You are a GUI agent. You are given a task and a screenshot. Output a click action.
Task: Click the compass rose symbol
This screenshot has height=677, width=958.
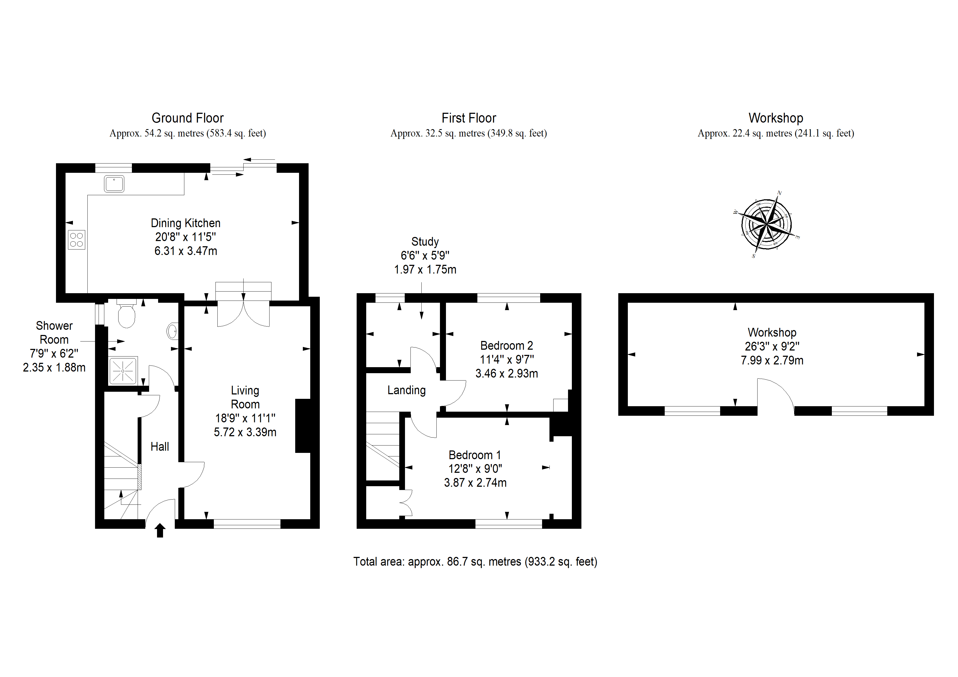[767, 224]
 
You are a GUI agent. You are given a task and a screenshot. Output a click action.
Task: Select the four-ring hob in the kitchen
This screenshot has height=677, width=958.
[76, 240]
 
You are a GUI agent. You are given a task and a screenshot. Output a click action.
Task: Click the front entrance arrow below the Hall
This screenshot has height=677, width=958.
[160, 531]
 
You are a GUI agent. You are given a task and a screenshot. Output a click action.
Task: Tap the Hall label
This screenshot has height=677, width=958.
[160, 447]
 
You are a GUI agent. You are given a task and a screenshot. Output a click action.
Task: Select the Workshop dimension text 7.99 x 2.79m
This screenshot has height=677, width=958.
[772, 360]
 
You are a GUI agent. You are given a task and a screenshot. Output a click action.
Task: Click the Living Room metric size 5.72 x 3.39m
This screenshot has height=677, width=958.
[245, 432]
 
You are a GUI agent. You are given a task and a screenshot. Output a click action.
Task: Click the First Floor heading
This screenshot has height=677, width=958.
[469, 118]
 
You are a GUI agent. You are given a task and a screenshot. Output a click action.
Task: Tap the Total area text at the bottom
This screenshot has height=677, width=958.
[475, 562]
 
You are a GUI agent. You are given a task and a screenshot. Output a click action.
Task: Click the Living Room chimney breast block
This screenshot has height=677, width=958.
[303, 426]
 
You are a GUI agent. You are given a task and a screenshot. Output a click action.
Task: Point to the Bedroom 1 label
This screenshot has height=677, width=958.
[475, 455]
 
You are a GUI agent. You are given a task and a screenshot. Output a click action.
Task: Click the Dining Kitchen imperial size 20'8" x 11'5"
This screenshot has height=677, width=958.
[186, 237]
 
